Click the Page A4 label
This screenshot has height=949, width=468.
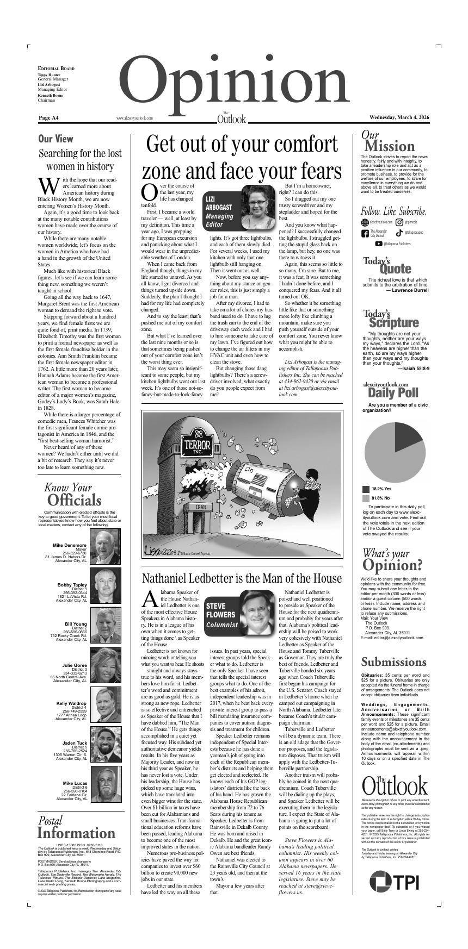[x=49, y=118]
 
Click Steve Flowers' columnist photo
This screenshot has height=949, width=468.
[x=257, y=612]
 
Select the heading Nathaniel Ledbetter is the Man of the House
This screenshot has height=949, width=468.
[x=242, y=578]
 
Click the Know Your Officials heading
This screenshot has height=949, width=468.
[x=73, y=494]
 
